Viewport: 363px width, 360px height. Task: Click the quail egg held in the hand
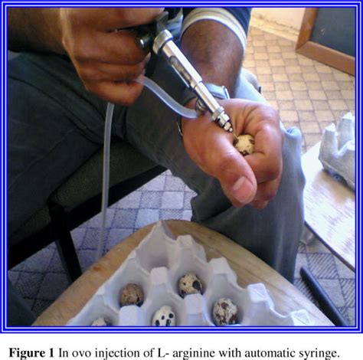[244, 143]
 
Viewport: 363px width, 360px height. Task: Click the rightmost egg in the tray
[224, 311]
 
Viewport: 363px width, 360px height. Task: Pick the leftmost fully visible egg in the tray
[132, 294]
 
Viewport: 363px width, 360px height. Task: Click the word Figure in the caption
[28, 352]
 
